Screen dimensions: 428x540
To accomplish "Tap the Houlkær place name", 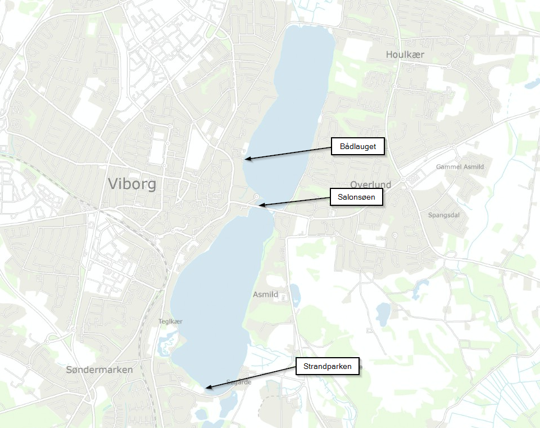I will click(x=405, y=55).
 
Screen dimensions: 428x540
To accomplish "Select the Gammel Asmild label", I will click(x=460, y=167).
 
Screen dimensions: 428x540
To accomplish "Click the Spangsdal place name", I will click(x=443, y=215).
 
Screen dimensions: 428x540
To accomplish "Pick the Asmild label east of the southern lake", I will click(x=266, y=294).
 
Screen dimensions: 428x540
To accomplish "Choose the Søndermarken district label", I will click(x=99, y=370).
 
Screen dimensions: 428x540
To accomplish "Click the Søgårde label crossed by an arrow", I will click(x=237, y=382).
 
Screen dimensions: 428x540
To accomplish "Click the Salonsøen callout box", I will click(x=356, y=197).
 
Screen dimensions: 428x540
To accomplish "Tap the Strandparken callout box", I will click(x=327, y=367).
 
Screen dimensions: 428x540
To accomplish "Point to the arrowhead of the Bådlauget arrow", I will click(x=246, y=159).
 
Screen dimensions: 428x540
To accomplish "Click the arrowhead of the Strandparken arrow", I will click(x=206, y=388).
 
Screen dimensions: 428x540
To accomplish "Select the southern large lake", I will click(x=214, y=304).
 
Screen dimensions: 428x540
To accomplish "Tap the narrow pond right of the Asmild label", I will click(x=295, y=295).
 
